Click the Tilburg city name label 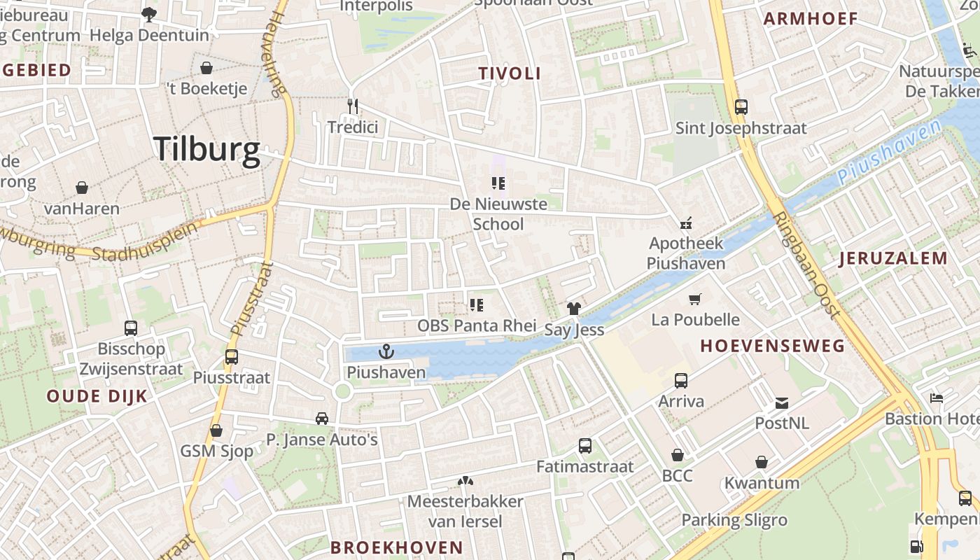(206, 149)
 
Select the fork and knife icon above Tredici (353, 106)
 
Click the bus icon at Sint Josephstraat (741, 107)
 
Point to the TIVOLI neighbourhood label (510, 73)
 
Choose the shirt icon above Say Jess (574, 308)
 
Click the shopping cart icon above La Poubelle (695, 299)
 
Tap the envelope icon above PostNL (782, 402)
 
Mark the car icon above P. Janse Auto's (322, 419)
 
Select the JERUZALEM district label (893, 258)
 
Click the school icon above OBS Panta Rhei (477, 304)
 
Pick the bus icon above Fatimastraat (585, 446)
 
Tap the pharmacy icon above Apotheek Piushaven (686, 223)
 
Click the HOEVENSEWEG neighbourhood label (772, 346)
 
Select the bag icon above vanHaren (82, 188)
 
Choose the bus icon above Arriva (681, 381)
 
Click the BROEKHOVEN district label (396, 547)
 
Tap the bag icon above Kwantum (762, 462)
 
